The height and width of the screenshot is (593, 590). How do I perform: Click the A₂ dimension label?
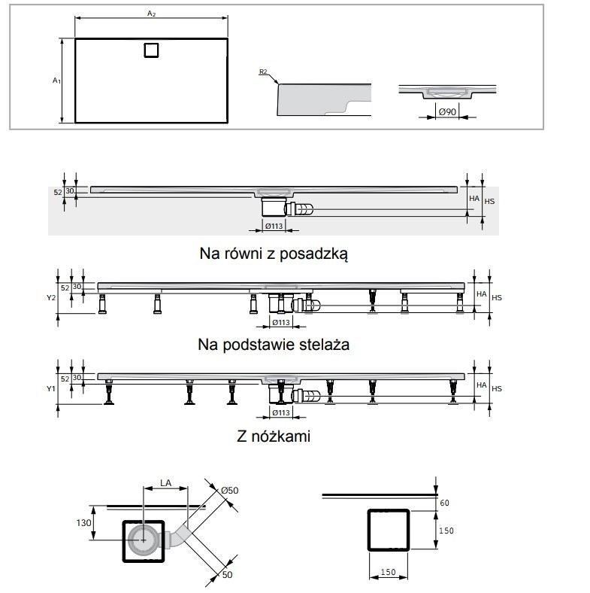point(151,14)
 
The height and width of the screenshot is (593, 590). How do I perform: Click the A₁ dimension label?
point(56,79)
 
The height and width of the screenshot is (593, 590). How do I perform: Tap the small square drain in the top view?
point(151,50)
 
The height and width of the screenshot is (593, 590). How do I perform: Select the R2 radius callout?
point(262,72)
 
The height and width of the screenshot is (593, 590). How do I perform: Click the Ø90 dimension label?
point(446,112)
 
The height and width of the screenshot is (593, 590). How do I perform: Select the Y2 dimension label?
point(51,298)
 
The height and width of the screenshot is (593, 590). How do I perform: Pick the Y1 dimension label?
point(51,389)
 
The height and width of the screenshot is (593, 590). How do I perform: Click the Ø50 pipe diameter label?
point(229,490)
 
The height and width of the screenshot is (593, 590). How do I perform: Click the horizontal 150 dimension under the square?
point(387,572)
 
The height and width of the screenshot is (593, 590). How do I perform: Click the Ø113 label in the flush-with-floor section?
point(274,225)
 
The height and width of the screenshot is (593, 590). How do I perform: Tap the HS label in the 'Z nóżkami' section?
point(496,388)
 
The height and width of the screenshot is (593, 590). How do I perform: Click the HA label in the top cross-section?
point(474,199)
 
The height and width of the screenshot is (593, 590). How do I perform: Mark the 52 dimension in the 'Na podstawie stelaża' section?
point(65,287)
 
